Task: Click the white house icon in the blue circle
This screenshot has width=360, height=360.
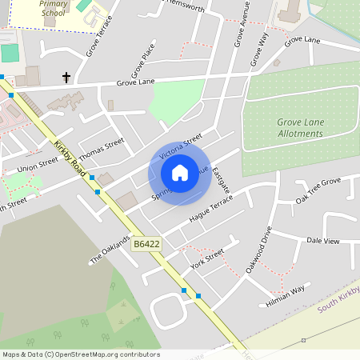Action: pos(180,172)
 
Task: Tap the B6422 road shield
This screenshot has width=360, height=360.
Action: pos(146,244)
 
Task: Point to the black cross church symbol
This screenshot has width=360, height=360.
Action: pos(66,78)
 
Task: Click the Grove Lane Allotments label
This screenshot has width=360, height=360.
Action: pos(300,128)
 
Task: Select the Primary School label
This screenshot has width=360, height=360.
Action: pos(54,8)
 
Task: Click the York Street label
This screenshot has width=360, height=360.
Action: pos(207,258)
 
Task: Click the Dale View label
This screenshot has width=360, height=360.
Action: pos(323,240)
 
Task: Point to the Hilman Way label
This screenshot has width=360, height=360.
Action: pos(286,296)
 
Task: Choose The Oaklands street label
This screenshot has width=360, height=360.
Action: pos(110,250)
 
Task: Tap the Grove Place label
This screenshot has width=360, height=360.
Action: pos(143,60)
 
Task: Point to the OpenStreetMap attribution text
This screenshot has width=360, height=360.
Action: pos(81,354)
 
